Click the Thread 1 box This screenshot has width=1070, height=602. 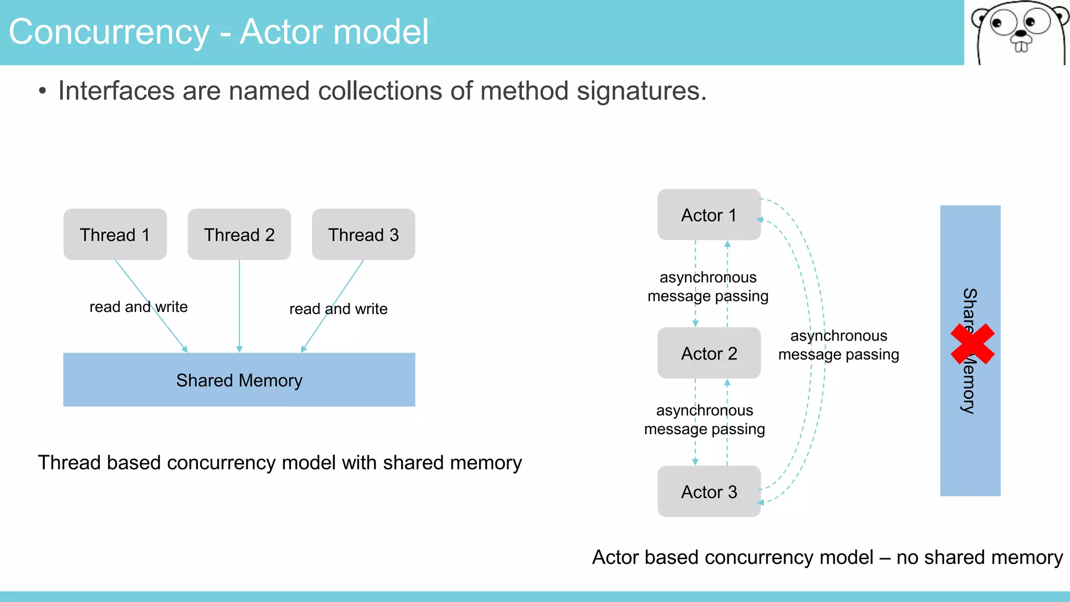pos(115,235)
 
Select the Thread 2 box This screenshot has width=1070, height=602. pos(239,235)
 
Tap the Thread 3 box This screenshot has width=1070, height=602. pos(364,235)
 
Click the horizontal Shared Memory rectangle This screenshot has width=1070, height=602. pos(239,380)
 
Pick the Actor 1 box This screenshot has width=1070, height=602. pos(709,215)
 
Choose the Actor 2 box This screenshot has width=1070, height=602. pos(709,353)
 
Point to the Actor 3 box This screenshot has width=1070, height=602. pos(709,492)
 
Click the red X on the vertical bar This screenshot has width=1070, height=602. pos(972,344)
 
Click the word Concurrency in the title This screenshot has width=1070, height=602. pos(109,32)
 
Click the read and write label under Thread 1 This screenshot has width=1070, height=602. pos(138,307)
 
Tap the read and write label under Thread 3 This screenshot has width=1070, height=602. pos(339,309)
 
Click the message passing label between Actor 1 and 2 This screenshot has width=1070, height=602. pos(708,286)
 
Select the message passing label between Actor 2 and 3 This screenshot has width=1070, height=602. pos(704,420)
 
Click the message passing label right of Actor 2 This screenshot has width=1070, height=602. pos(839,345)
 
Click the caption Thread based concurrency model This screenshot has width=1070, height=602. pos(280,463)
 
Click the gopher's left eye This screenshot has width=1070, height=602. pos(997,24)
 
